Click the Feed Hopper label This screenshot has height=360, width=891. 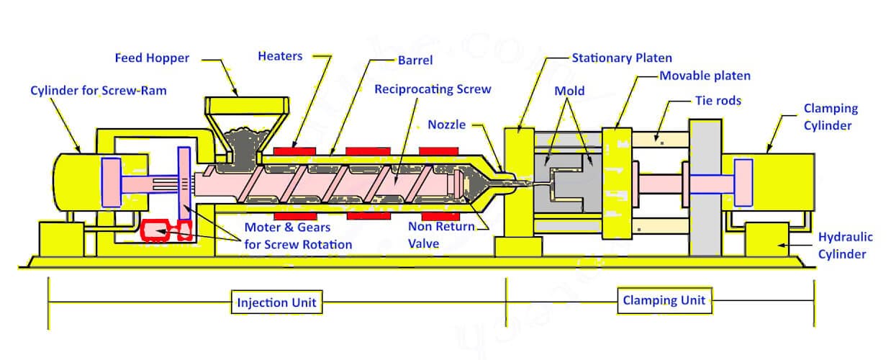152,58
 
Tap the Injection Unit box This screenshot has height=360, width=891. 277,302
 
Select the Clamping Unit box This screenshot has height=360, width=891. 664,300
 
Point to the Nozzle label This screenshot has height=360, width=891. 446,125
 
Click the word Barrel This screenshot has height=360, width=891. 415,60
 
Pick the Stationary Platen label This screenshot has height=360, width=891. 622,58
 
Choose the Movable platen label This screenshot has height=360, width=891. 705,76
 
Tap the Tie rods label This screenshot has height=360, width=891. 718,101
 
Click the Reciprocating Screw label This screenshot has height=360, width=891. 433,89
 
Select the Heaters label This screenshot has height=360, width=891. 280,56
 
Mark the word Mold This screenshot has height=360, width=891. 569,91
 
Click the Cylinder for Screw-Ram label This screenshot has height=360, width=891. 99,91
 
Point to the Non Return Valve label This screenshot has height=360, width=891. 441,235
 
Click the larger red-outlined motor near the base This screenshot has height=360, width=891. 155,230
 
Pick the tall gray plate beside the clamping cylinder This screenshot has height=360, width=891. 705,187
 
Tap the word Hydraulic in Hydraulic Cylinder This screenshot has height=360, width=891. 845,237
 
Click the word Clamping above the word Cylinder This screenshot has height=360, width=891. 831,109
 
